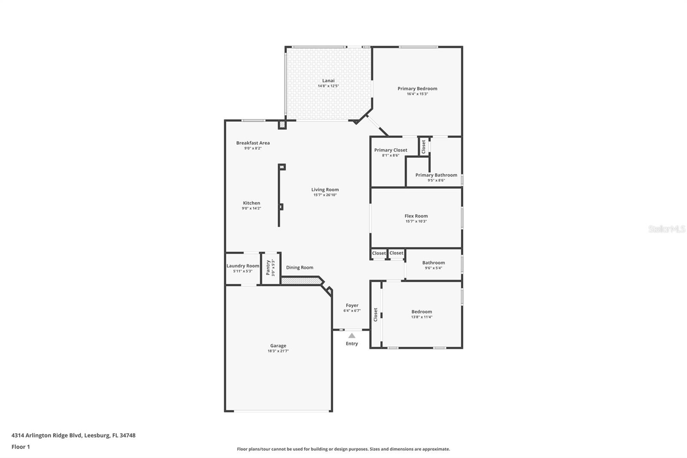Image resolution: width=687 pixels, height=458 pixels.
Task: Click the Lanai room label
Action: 328,81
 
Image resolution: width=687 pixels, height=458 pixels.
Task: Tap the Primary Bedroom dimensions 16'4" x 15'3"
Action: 417,94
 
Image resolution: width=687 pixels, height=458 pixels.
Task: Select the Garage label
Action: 278,346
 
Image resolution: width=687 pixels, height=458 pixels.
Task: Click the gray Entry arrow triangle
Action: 352,336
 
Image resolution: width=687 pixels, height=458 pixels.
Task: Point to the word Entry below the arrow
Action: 352,344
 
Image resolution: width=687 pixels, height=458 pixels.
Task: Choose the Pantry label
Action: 268,267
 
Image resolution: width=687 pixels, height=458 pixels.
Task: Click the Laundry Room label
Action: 243,266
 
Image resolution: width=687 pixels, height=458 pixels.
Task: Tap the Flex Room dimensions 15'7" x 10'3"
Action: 416,221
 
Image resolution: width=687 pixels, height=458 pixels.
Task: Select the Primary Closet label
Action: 391,150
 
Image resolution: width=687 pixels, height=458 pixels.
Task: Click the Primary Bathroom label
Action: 436,175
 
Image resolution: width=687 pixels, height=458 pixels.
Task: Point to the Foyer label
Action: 352,305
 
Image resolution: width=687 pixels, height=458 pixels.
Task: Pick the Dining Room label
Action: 300,267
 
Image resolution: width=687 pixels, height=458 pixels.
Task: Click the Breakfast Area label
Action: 253,143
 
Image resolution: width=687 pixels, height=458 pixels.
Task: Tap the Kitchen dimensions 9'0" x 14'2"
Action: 252,208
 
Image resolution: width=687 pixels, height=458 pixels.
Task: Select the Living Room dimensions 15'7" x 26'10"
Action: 325,195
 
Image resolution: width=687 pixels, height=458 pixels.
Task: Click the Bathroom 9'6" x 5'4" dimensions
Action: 433,268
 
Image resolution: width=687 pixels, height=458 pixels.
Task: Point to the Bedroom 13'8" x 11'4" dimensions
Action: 422,317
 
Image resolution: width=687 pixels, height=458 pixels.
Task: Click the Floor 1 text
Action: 21,447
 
